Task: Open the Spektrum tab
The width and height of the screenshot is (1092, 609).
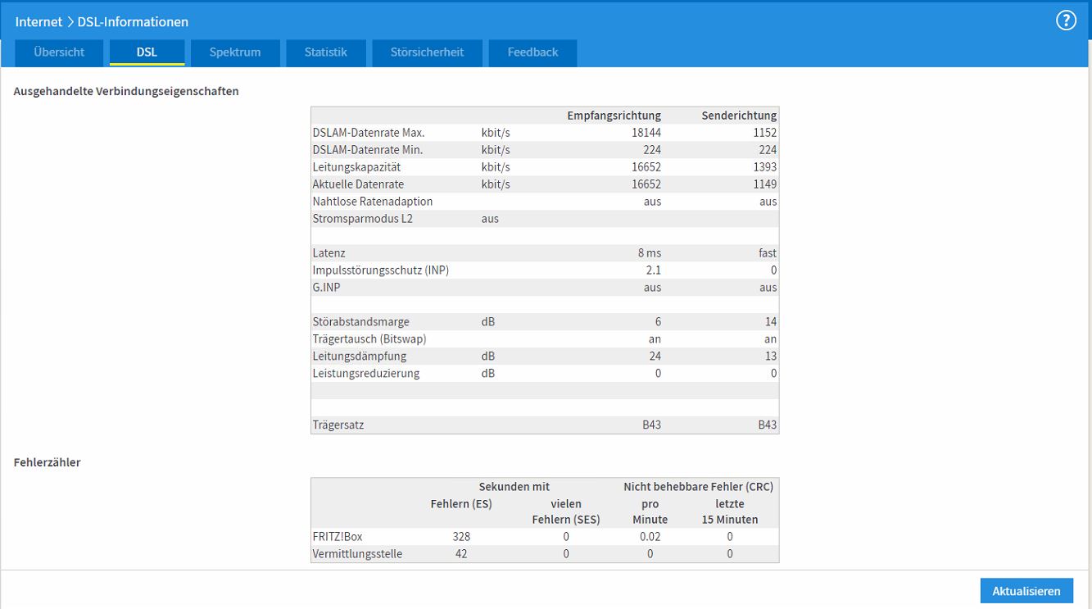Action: (x=235, y=52)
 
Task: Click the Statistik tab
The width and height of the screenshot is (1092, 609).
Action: (x=326, y=52)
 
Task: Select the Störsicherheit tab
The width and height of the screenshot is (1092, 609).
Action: (x=427, y=52)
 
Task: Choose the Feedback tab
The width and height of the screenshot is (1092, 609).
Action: (x=532, y=52)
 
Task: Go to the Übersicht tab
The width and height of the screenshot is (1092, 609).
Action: (x=59, y=52)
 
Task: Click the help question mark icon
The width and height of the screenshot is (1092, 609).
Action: (x=1066, y=20)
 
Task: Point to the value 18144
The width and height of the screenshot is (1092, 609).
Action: (x=646, y=133)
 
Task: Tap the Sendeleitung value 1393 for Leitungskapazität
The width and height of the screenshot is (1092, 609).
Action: (x=764, y=167)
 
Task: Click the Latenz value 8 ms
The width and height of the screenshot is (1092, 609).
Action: (x=650, y=253)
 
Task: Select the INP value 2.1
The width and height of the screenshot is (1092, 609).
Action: (x=653, y=270)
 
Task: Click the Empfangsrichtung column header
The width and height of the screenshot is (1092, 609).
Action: (x=614, y=116)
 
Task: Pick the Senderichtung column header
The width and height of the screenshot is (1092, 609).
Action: (x=739, y=116)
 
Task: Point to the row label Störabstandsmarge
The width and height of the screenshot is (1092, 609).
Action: (x=360, y=322)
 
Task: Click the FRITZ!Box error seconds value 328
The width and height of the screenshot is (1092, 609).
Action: (x=461, y=537)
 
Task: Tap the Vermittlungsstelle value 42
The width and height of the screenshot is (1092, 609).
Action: (x=461, y=554)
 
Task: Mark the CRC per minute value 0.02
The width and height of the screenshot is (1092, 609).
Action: (x=650, y=537)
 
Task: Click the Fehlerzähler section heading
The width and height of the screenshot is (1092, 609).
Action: (x=47, y=462)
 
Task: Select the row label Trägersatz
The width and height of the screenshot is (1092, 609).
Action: (x=338, y=425)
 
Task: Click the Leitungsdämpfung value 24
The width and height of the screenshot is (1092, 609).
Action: (x=655, y=356)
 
